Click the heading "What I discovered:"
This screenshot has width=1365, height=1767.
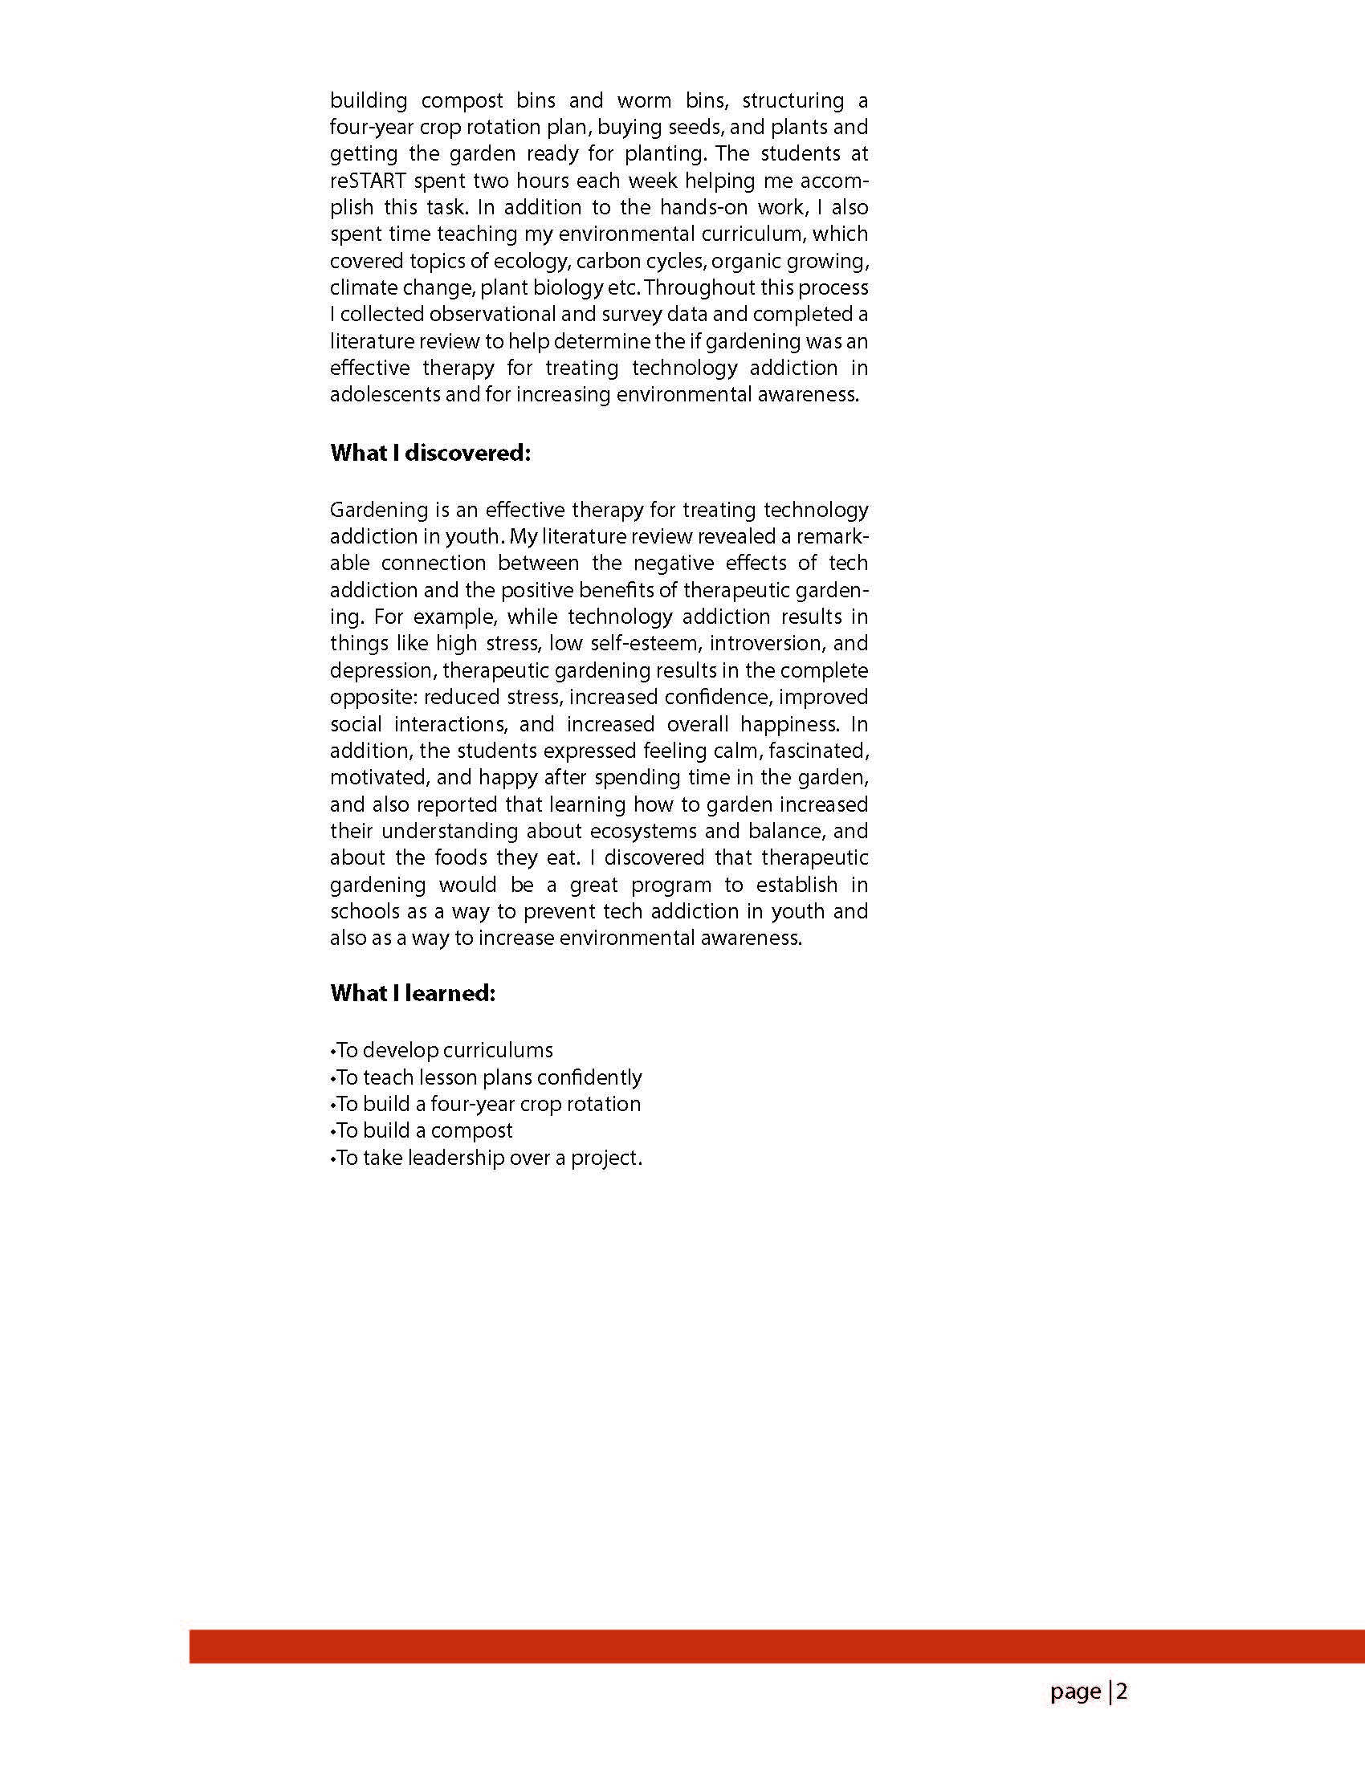(x=430, y=453)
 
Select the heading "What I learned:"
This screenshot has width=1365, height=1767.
(x=412, y=993)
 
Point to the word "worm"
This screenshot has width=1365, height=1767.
(x=644, y=100)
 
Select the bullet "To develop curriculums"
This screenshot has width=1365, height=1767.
(x=443, y=1050)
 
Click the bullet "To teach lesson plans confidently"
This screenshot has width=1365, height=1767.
(x=488, y=1077)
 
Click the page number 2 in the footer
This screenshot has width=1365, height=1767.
(x=1122, y=1692)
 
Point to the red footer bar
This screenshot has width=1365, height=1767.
(x=776, y=1647)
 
